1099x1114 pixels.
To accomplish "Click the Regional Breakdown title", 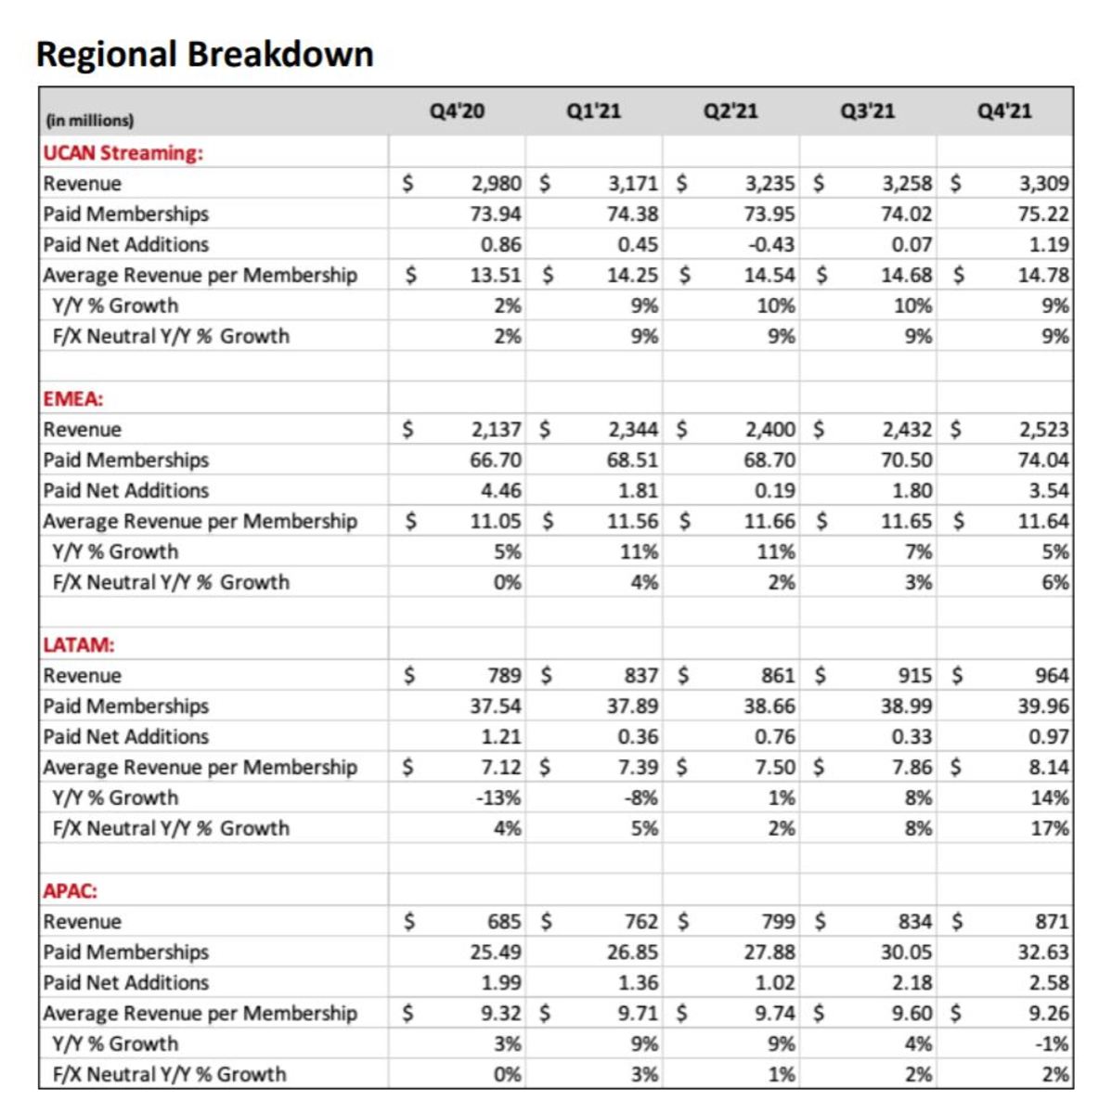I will click(x=204, y=54).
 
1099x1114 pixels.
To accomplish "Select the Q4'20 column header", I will click(x=457, y=111).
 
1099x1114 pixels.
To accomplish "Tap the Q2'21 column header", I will click(x=731, y=111).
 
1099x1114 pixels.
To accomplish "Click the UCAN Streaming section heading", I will click(x=123, y=153).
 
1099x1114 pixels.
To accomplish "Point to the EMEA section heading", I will click(x=73, y=399).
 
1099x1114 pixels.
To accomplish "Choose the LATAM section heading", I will click(x=79, y=645).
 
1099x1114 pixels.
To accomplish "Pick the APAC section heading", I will click(x=71, y=891).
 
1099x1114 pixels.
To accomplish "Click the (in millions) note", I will click(x=89, y=121).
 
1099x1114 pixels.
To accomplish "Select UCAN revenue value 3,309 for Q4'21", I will click(x=1044, y=184).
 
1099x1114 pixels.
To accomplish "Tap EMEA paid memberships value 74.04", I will click(x=1043, y=460).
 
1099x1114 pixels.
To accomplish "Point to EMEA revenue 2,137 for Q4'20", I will click(x=496, y=430).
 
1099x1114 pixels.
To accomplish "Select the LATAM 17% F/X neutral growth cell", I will click(x=1050, y=829).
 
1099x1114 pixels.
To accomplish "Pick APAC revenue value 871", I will click(x=1052, y=922).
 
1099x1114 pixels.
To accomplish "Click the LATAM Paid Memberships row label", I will click(x=126, y=706).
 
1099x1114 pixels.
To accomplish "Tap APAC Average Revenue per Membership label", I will click(x=200, y=1014).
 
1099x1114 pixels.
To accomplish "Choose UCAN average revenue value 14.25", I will click(x=633, y=276).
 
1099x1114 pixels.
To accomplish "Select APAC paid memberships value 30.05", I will click(x=906, y=952).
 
